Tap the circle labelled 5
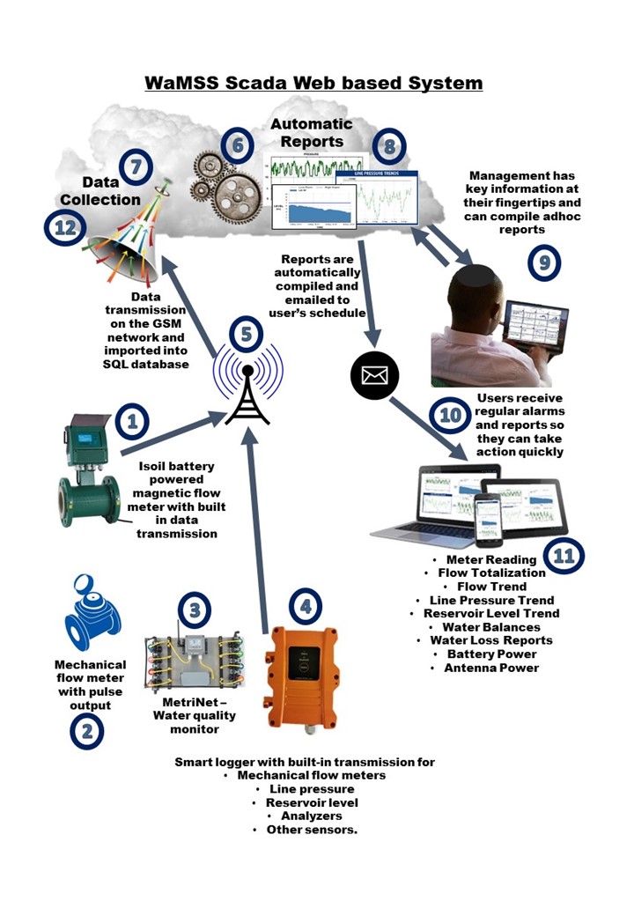click(x=246, y=335)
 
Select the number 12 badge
click(x=63, y=229)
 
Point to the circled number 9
click(x=544, y=262)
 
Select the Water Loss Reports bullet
click(x=491, y=640)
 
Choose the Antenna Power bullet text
click(x=491, y=669)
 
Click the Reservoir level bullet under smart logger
click(x=312, y=803)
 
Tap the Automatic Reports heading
click(x=311, y=132)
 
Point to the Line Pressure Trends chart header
click(x=376, y=177)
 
